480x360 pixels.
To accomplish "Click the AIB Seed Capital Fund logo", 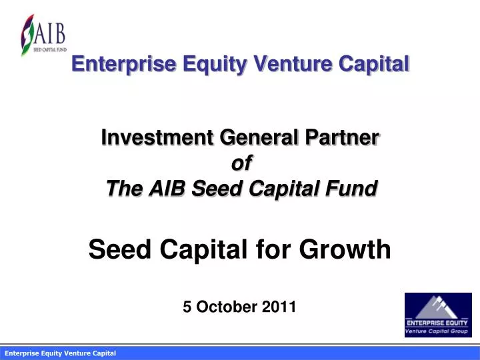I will click(43, 34).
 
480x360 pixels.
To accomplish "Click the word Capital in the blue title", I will click(373, 64).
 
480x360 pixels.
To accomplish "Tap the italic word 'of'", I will click(240, 163).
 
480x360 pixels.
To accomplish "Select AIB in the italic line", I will click(167, 189).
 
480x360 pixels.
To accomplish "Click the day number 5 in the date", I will click(187, 307).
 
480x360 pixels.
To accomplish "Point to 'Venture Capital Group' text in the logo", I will click(438, 331).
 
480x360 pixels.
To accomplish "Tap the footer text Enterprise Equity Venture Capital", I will click(61, 353).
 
